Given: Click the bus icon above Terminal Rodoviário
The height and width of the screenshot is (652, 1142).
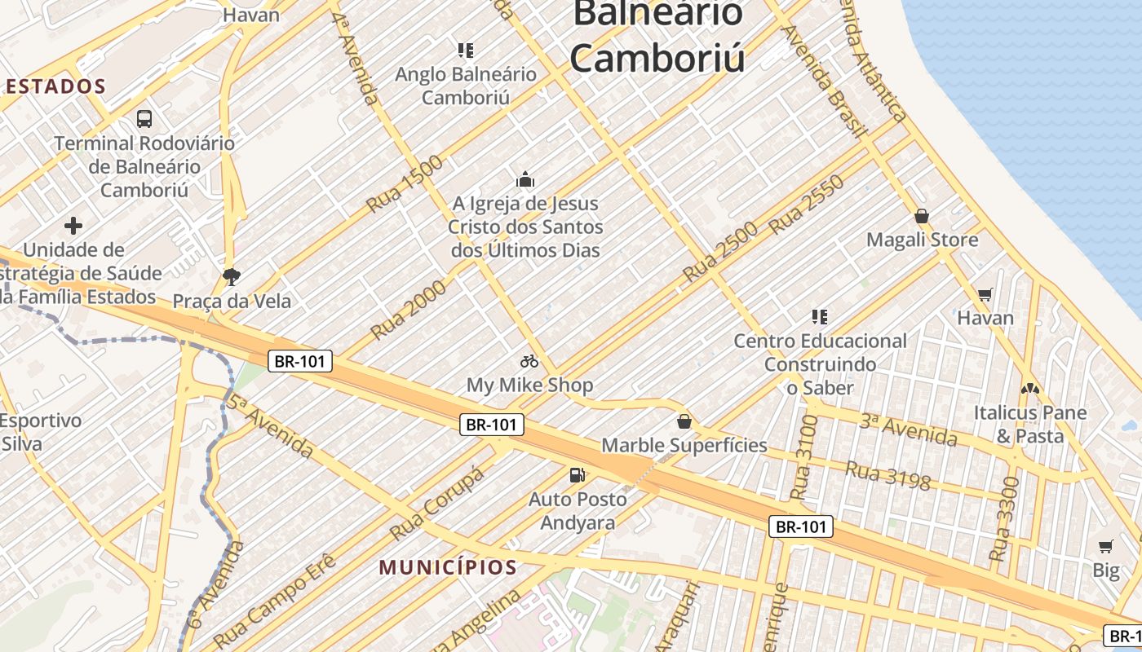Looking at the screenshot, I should [x=144, y=119].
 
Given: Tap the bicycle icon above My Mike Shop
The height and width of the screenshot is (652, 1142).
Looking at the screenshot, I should [x=529, y=361].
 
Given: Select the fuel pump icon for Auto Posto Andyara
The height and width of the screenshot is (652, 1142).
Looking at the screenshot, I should [x=577, y=474].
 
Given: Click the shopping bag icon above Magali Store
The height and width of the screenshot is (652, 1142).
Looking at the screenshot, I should [x=922, y=216].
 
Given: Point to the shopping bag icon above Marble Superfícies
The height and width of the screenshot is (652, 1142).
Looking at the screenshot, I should [x=684, y=421].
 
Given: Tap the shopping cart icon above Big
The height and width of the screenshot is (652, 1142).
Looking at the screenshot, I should [x=1106, y=546].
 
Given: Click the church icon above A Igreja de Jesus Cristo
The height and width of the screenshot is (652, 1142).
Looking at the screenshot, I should [x=525, y=179].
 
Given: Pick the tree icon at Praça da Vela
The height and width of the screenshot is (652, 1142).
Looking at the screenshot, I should [x=232, y=277].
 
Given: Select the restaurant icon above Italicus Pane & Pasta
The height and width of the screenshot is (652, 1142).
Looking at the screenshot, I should [x=1030, y=389].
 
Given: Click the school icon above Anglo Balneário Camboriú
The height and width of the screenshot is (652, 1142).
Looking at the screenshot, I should [x=466, y=51].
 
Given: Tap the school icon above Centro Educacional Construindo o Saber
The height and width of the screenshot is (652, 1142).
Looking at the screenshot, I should [x=820, y=316].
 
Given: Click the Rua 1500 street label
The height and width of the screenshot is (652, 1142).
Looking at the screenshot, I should [x=405, y=183].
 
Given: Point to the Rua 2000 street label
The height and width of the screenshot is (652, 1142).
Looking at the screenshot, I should [x=409, y=310].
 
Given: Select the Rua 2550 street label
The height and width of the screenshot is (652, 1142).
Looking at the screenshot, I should [x=807, y=204].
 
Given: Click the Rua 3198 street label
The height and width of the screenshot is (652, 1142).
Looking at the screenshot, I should [x=887, y=477].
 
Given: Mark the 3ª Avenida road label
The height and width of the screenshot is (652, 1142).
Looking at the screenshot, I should [x=909, y=430].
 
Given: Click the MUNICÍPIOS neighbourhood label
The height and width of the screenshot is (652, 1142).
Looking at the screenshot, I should [x=448, y=567].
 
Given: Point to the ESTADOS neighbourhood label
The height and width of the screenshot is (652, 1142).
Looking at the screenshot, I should [x=55, y=86].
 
